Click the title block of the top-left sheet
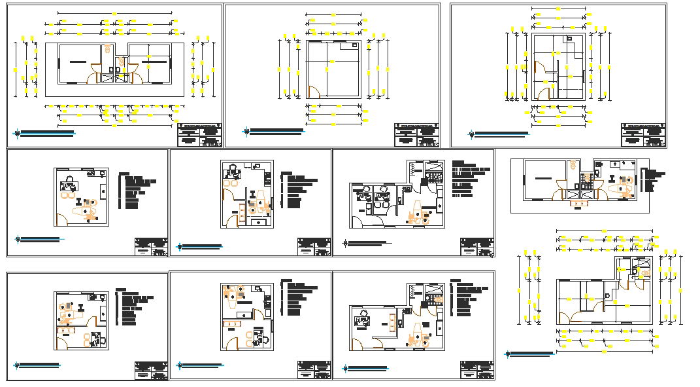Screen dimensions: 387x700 [x=199, y=135]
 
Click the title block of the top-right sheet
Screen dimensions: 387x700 [x=643, y=135]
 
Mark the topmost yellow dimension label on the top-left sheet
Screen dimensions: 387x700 [x=114, y=12]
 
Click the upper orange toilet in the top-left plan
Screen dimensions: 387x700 [x=108, y=48]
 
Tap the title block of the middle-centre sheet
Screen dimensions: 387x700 [x=314, y=248]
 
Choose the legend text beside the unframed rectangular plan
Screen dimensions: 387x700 [x=651, y=180]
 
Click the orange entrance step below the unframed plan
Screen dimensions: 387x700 [x=578, y=204]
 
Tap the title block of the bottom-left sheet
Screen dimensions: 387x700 [x=151, y=371]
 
